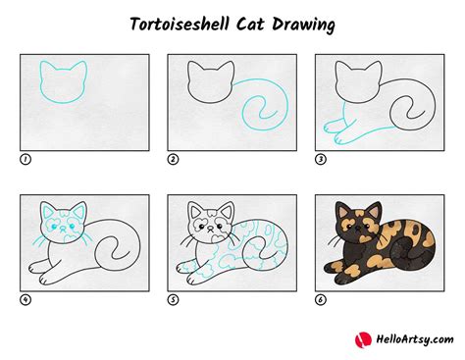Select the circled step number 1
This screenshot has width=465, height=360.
[26, 158]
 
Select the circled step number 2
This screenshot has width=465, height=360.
[173, 158]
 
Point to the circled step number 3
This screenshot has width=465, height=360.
[320, 158]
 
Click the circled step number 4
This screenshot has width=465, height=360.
[26, 298]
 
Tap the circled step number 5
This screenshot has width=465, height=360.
[173, 298]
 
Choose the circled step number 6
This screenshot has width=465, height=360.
[320, 298]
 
